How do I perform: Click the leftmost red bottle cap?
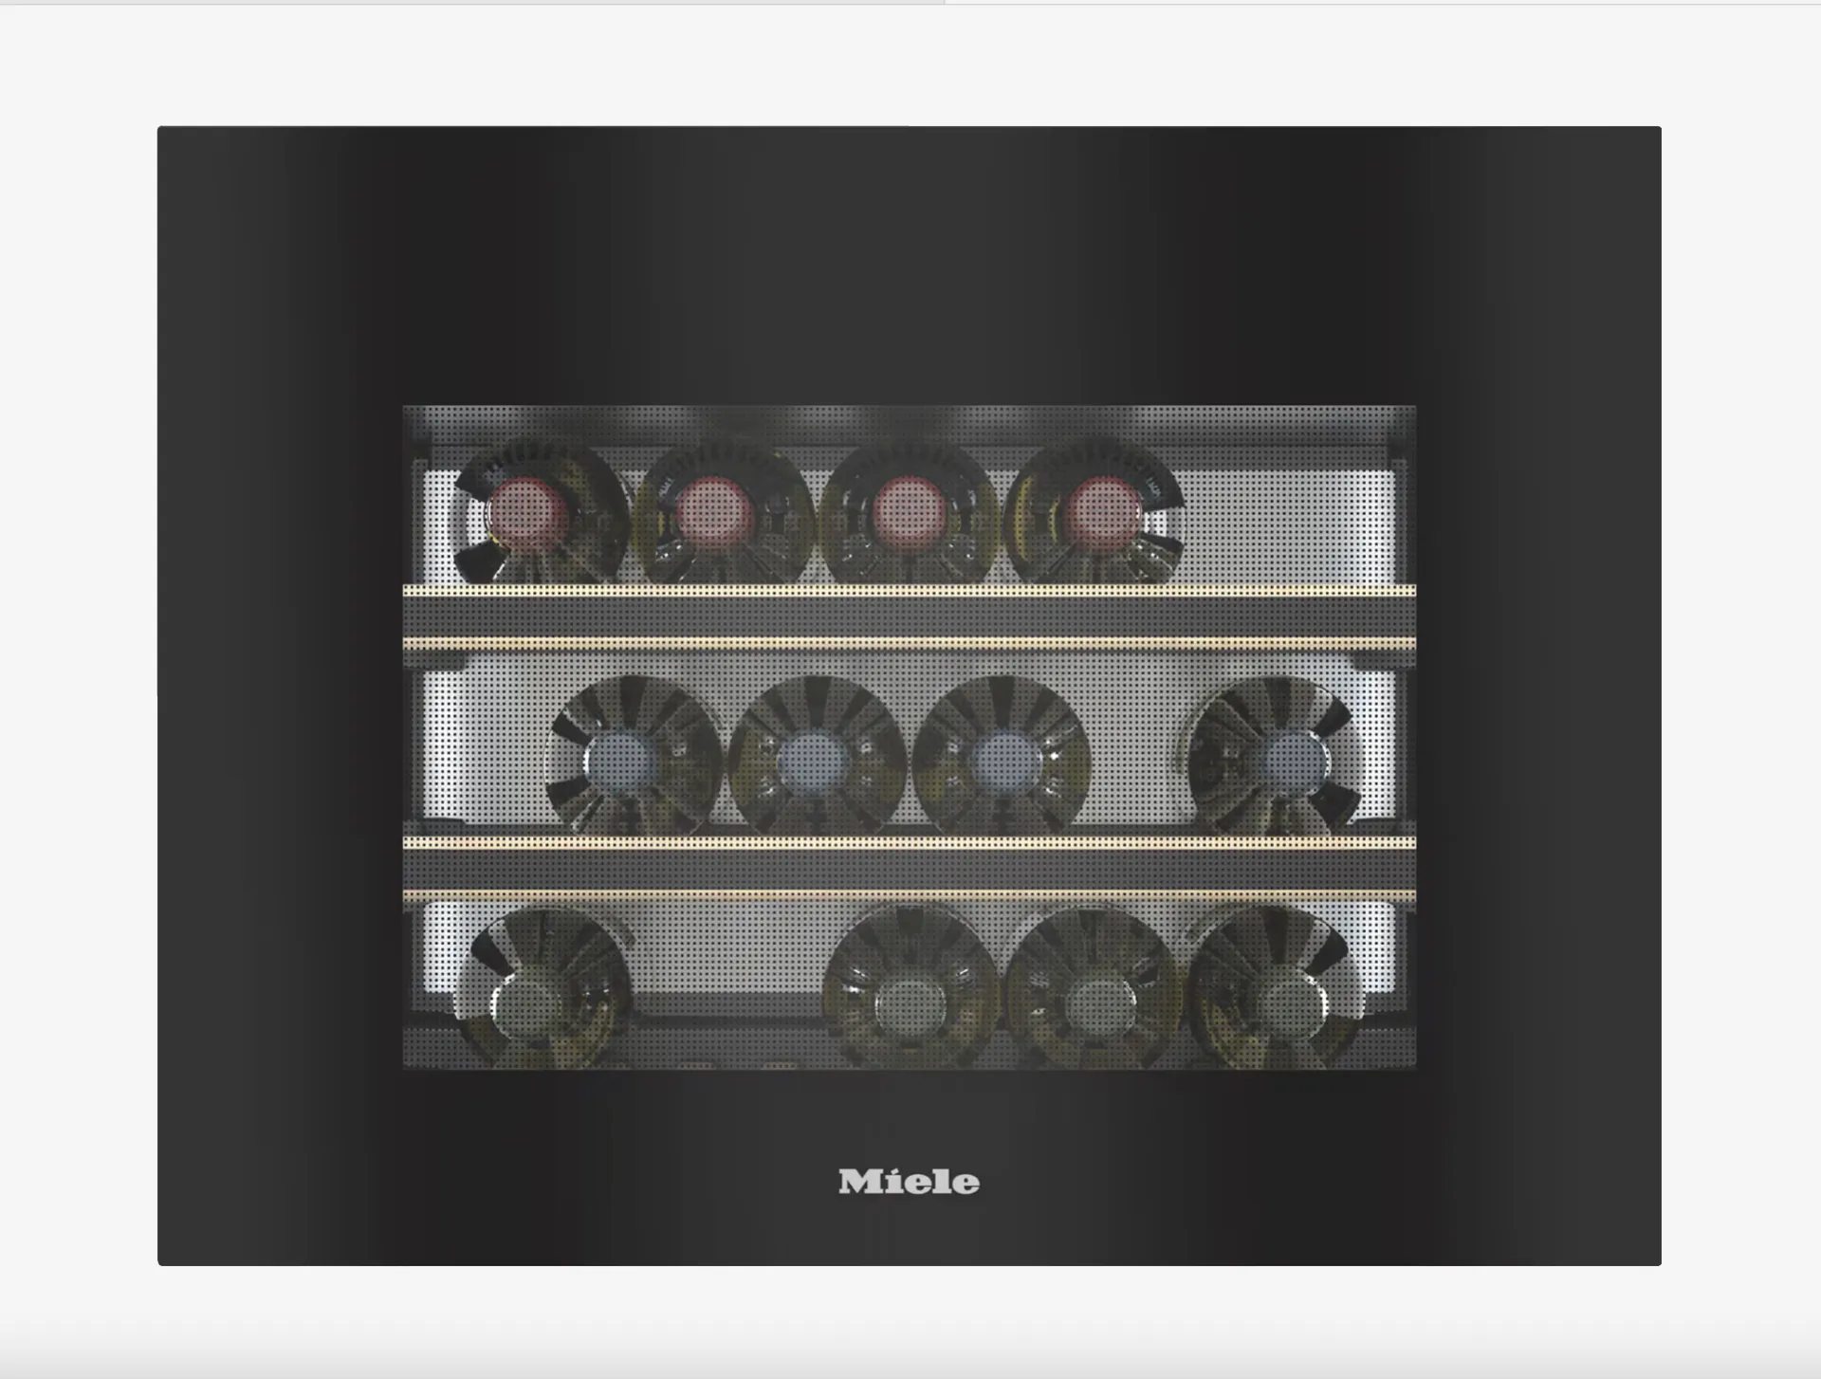pyautogui.click(x=527, y=515)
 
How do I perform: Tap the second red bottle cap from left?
pyautogui.click(x=716, y=515)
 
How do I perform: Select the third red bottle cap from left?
pyautogui.click(x=909, y=515)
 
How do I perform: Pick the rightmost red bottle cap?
pyautogui.click(x=1101, y=515)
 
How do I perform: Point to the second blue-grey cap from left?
pyautogui.click(x=812, y=761)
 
